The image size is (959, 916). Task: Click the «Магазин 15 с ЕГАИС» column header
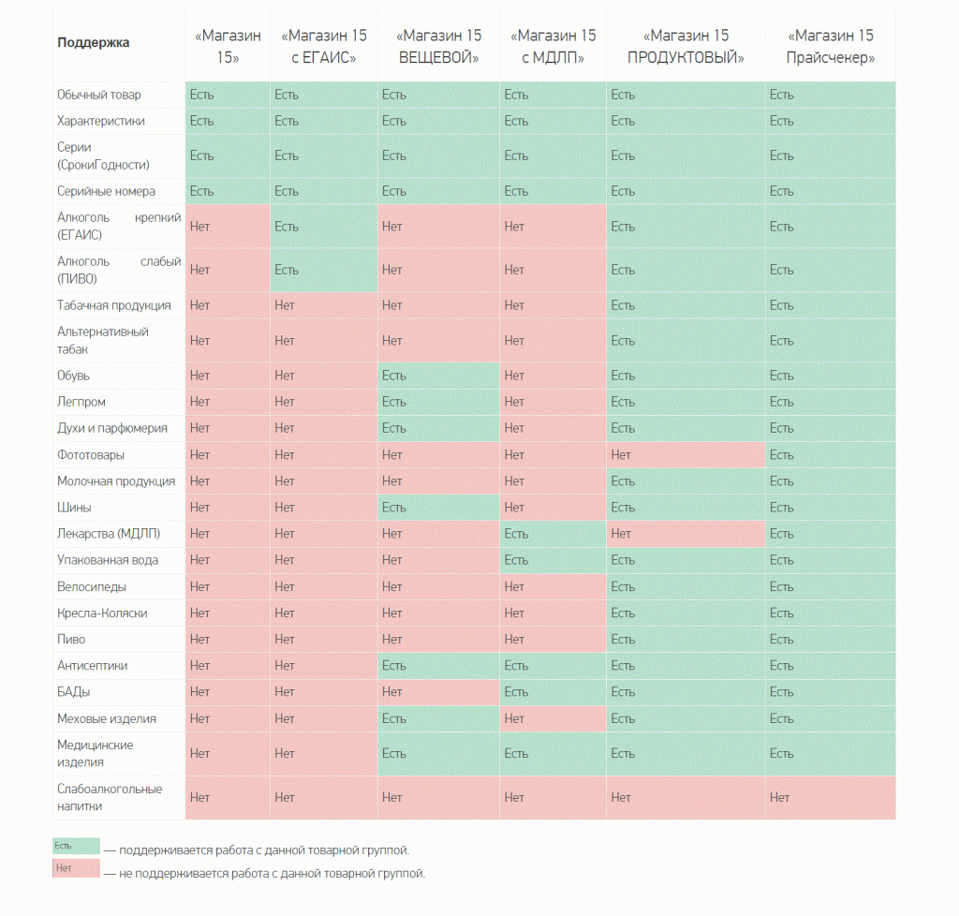(x=323, y=46)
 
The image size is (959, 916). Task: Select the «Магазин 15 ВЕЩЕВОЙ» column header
(x=438, y=46)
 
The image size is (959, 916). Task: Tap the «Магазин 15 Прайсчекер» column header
(x=831, y=46)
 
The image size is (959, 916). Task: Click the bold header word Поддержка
(x=94, y=42)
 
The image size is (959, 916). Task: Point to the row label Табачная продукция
(x=114, y=305)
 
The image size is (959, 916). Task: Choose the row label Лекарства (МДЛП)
(x=109, y=534)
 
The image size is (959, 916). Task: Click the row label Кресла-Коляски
(x=102, y=613)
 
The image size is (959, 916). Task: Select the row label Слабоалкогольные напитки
(x=110, y=797)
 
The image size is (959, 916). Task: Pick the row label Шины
(x=74, y=508)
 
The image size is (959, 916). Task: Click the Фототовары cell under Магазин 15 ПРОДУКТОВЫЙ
(x=685, y=455)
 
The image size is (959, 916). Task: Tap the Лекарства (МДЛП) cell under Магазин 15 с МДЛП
(x=552, y=534)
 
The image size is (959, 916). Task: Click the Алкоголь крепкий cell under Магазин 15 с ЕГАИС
(x=323, y=227)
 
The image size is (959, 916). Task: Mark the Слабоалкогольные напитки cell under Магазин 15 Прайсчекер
(x=830, y=797)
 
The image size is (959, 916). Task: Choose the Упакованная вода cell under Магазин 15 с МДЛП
(x=552, y=560)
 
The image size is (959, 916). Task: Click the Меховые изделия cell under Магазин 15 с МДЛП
(x=552, y=718)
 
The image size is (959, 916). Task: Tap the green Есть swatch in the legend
(x=76, y=846)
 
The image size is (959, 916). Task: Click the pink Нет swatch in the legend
(x=76, y=869)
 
